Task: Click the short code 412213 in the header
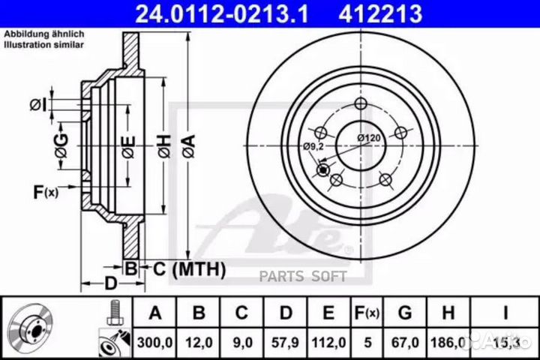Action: (372, 13)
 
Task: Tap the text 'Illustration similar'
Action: (44, 45)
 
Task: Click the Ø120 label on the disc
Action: (370, 137)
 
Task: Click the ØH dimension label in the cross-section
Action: (160, 140)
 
